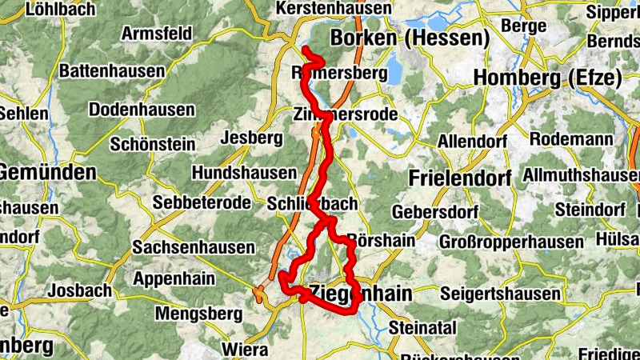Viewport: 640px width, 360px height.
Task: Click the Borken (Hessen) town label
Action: coord(410,38)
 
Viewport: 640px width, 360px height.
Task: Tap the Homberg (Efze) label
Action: coord(547,78)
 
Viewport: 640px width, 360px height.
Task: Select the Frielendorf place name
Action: coord(460,178)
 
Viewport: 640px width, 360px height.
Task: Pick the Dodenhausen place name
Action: coord(142,109)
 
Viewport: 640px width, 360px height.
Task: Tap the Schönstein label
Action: coord(152,144)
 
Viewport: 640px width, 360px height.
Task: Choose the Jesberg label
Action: coord(255,138)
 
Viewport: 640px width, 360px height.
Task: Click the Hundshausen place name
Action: coord(244,173)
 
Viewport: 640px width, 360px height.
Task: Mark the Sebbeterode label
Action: coord(202,202)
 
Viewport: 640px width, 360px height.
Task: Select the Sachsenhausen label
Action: coord(194,247)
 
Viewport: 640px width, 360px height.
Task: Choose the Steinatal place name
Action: coord(422,326)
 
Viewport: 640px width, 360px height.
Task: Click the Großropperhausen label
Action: coord(511,241)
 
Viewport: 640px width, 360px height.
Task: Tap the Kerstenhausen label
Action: coord(334,8)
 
